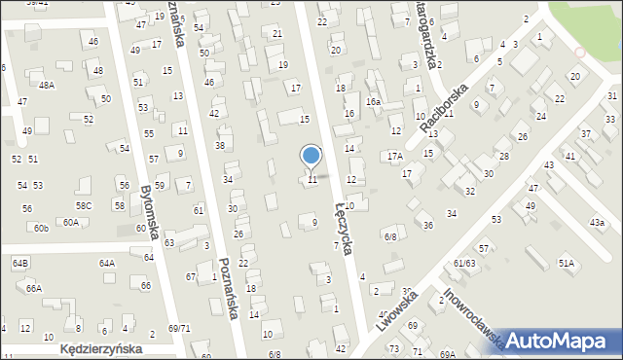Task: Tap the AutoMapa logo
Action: (558, 340)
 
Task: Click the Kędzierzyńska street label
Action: (101, 347)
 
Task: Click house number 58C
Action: (85, 205)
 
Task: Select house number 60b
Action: (40, 228)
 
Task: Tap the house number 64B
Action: (20, 263)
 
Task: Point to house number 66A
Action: (34, 288)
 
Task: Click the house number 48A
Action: (47, 85)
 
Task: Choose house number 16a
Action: (374, 101)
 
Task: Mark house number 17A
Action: (394, 156)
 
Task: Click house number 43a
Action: (596, 223)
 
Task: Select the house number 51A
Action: (566, 263)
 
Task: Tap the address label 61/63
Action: (463, 263)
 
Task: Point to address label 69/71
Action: (179, 329)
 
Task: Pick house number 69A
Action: (447, 354)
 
